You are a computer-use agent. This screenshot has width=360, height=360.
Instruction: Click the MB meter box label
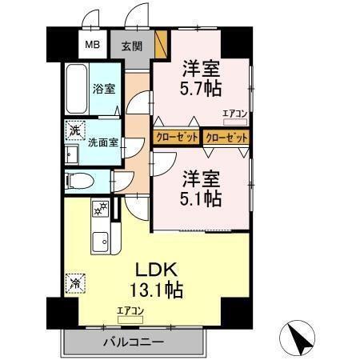pyautogui.click(x=93, y=44)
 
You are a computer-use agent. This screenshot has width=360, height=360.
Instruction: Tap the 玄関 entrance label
pyautogui.click(x=131, y=46)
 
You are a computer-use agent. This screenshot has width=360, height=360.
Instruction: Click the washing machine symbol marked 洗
pyautogui.click(x=74, y=130)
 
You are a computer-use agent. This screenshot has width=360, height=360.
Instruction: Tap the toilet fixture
pyautogui.click(x=79, y=181)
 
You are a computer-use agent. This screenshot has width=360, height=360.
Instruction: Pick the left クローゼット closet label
pyautogui.click(x=176, y=138)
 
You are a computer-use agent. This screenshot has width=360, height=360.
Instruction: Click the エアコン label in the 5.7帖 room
pyautogui.click(x=234, y=114)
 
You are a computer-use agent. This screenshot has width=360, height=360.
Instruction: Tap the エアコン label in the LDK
pyautogui.click(x=130, y=310)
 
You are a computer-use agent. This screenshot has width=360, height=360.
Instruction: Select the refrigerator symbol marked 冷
pyautogui.click(x=74, y=282)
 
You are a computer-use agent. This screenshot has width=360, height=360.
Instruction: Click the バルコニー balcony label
pyautogui.click(x=132, y=342)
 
